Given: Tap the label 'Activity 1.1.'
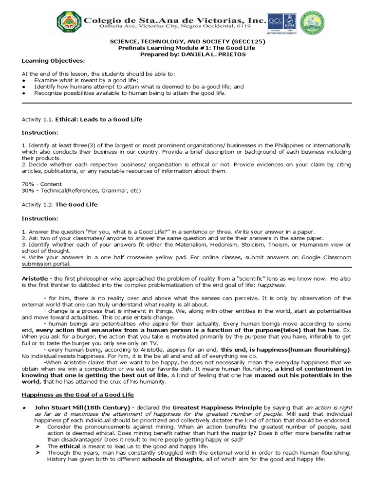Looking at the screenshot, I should pyautogui.click(x=37, y=119).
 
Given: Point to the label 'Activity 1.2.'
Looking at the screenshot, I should pyautogui.click(x=37, y=205).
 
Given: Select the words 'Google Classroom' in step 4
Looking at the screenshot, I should pyautogui.click(x=328, y=257).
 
